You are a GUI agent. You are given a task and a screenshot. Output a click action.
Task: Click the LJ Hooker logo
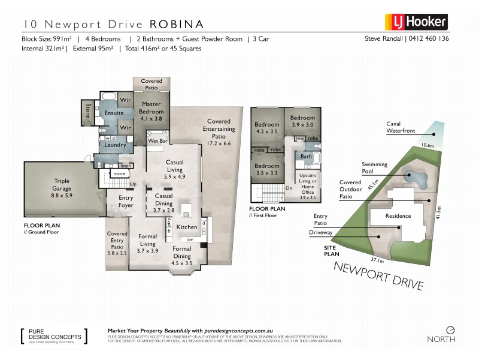(416, 22)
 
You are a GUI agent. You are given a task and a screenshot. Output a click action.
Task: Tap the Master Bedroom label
(150, 108)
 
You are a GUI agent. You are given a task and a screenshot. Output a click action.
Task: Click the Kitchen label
(187, 227)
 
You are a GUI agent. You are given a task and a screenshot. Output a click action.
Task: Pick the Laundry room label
(115, 145)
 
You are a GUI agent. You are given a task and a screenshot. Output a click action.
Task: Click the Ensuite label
(114, 113)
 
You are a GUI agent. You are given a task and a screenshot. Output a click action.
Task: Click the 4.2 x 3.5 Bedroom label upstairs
(266, 128)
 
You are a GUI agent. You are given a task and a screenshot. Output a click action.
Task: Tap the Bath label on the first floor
(306, 157)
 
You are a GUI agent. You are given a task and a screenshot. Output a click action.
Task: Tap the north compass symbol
(451, 329)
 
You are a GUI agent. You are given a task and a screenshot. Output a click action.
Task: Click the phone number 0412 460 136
(428, 39)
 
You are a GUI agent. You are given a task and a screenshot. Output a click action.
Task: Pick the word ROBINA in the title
(177, 25)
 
